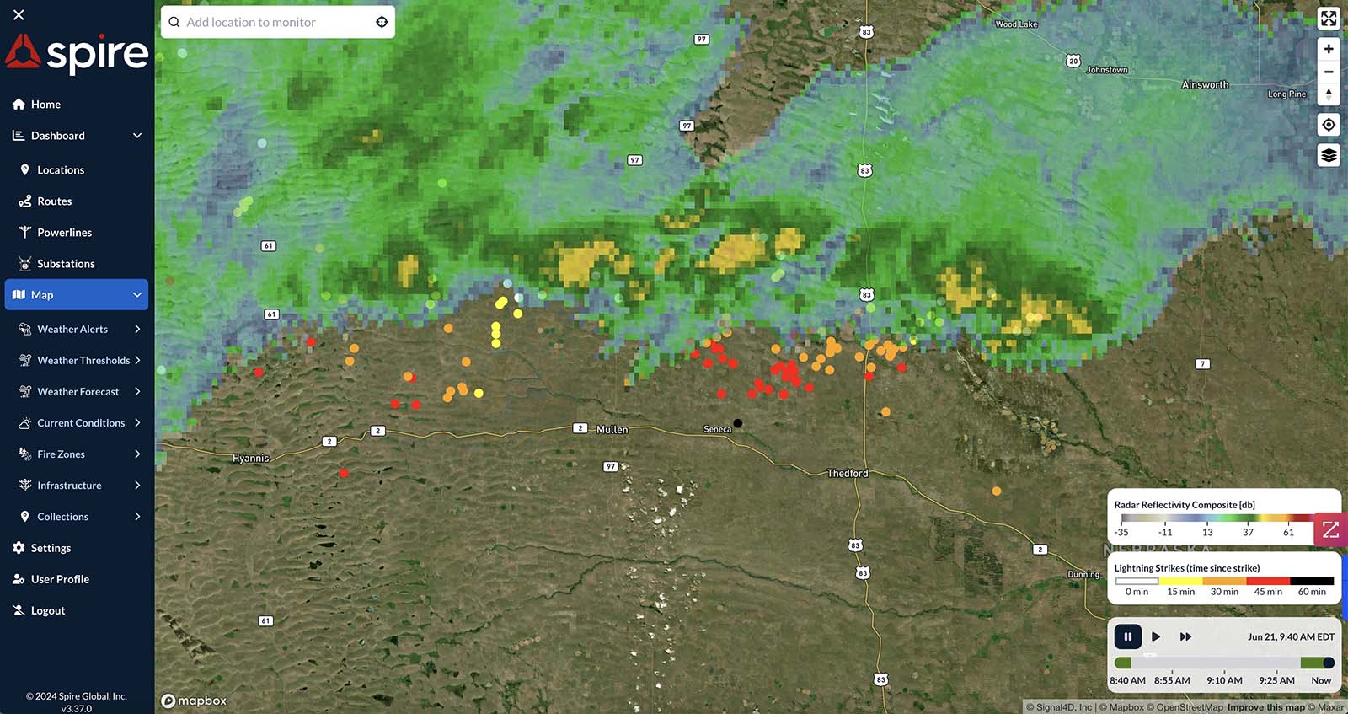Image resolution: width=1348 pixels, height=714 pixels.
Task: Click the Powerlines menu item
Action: (64, 233)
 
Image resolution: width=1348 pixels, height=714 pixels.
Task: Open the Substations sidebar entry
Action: (66, 264)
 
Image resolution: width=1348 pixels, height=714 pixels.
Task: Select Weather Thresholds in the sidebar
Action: (83, 361)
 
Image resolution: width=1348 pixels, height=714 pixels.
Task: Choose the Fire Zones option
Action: (61, 454)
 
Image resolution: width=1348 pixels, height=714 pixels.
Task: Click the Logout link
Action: (47, 611)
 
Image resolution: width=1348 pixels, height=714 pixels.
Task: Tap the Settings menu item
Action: (51, 548)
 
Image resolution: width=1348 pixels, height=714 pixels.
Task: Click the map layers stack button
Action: (1329, 155)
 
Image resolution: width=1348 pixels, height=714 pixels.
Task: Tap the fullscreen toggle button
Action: (1329, 19)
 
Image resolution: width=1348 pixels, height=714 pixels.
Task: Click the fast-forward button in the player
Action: (1185, 636)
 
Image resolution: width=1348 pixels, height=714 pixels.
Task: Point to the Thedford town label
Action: (848, 473)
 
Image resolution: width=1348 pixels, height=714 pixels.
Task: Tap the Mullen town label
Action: (612, 430)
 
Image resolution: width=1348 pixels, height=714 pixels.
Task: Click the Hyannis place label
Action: (250, 459)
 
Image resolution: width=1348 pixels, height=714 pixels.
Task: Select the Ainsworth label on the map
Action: (1205, 85)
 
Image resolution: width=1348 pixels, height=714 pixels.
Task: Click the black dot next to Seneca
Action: (738, 423)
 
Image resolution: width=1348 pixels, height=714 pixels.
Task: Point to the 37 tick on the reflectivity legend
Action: (1248, 532)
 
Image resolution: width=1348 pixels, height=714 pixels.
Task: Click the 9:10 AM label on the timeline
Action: (1224, 680)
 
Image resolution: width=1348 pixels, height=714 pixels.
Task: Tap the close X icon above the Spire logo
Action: (19, 14)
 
